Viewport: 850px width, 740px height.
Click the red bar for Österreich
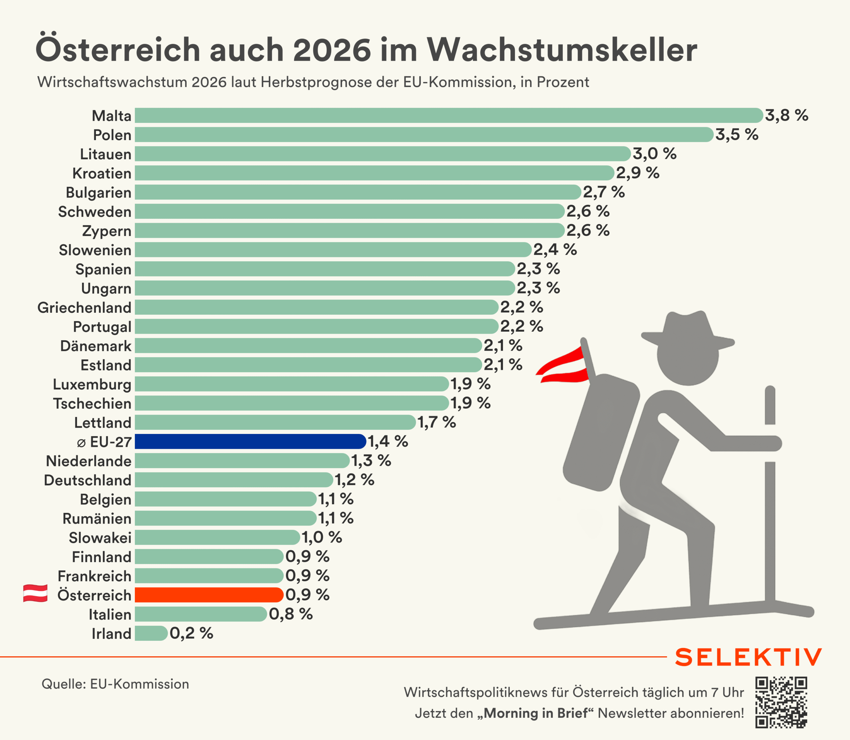tap(209, 595)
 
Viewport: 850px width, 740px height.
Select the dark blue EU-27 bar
tap(250, 442)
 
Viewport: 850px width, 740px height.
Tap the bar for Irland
tap(151, 633)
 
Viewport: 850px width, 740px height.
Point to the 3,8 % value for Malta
tap(786, 115)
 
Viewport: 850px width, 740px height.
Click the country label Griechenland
tap(84, 308)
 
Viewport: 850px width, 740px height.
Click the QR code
tap(781, 702)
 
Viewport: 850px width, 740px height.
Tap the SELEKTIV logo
tap(748, 657)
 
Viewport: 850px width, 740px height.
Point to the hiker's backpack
tap(601, 432)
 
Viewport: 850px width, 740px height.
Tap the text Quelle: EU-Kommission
tap(115, 684)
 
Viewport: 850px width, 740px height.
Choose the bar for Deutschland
tap(234, 480)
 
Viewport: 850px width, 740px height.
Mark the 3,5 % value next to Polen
tap(736, 134)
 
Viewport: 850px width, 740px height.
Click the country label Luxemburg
tap(92, 384)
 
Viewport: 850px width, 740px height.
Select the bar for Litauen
tap(382, 154)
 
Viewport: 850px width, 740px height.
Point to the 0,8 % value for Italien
tap(290, 614)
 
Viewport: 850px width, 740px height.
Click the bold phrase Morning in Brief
tap(535, 713)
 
